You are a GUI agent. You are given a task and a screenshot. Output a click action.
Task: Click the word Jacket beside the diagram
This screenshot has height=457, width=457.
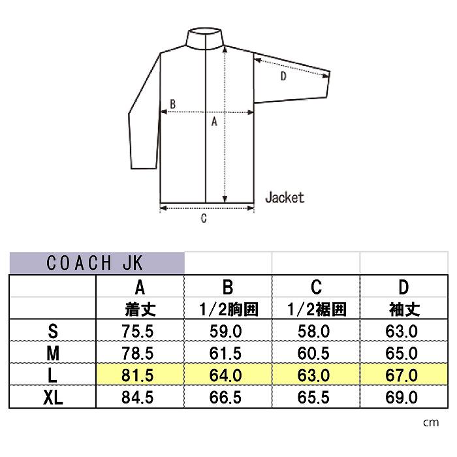(285, 198)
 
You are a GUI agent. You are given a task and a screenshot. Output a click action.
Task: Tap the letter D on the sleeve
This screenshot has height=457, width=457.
(283, 76)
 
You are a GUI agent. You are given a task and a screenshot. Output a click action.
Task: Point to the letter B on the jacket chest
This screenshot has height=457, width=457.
(173, 104)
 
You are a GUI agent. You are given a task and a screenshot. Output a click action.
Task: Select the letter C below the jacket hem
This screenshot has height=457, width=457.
(204, 218)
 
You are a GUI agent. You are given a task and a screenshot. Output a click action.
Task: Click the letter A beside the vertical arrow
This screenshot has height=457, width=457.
(214, 121)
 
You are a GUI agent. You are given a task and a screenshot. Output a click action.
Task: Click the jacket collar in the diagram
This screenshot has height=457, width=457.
(206, 37)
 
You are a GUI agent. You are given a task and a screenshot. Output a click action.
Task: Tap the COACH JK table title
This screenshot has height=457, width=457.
(95, 263)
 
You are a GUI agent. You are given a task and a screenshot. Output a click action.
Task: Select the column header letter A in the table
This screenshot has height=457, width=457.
(140, 287)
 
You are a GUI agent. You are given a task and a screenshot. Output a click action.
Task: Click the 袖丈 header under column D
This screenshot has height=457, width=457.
(404, 309)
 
